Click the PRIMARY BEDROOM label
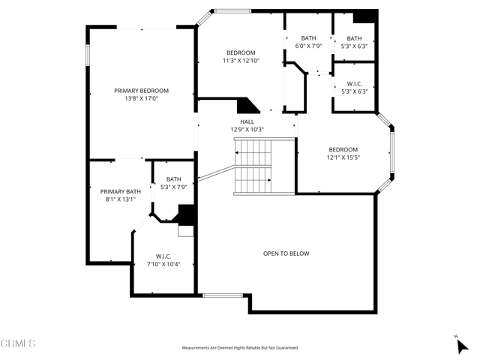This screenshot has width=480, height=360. pos(141,91)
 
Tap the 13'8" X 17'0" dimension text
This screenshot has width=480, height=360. pos(141,99)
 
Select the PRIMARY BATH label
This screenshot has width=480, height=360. pos(121,191)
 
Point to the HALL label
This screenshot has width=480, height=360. pos(247,121)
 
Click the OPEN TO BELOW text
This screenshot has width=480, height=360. pos(286,253)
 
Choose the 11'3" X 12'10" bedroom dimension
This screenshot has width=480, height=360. pos(241,61)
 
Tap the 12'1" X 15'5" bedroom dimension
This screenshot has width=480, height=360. pos(343,157)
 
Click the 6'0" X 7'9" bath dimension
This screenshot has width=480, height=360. pos(308,46)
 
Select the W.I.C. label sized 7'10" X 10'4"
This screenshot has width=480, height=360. pos(163,256)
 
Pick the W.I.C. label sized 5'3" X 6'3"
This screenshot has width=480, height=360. pos(354,83)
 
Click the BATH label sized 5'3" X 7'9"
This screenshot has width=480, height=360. pos(174,178)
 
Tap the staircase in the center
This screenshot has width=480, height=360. pos(253,166)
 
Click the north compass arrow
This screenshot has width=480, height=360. pos(461,345)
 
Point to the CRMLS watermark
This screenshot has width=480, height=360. pos(18,344)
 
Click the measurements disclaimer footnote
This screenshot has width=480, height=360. pos(240,348)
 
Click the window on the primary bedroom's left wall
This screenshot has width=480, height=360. pos(88,55)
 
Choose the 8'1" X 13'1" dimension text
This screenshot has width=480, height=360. pos(121,199)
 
